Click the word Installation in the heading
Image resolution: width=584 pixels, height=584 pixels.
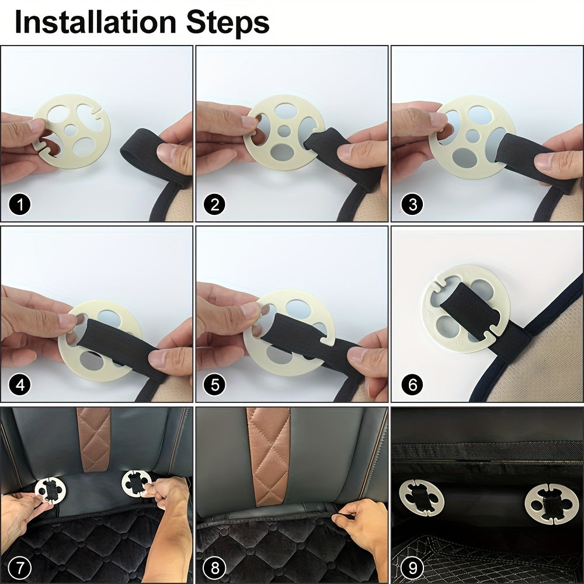tap(95, 22)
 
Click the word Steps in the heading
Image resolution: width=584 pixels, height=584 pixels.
tap(228, 23)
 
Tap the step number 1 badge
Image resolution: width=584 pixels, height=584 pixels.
tap(20, 204)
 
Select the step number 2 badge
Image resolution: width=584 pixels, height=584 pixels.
tap(214, 204)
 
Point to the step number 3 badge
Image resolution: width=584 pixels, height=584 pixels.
tap(412, 204)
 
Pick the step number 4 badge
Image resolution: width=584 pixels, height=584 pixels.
tap(20, 384)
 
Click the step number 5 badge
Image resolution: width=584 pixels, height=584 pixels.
tap(215, 384)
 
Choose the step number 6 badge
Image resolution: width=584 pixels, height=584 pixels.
tap(412, 384)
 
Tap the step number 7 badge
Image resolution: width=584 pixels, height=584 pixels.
tap(19, 568)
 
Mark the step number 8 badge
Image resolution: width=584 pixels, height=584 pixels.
tap(215, 568)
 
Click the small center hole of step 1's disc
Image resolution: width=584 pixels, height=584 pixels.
tap(71, 129)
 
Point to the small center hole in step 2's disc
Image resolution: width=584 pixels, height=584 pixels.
tap(284, 131)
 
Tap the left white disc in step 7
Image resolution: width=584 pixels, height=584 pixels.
tap(51, 489)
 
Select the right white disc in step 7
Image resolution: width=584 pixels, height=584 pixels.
tap(136, 483)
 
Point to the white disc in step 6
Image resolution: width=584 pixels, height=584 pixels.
tap(465, 308)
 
